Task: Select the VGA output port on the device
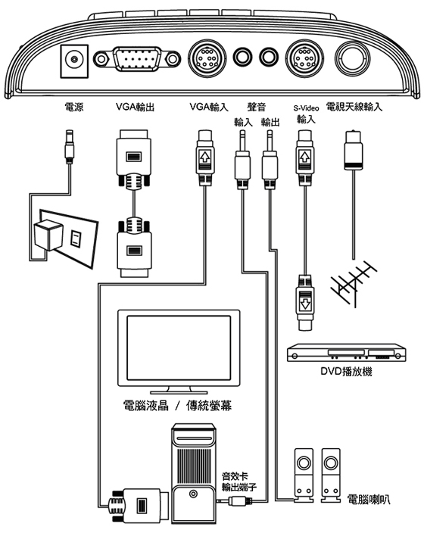(137, 59)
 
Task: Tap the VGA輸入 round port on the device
(207, 58)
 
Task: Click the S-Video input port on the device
(304, 58)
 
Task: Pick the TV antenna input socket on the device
(352, 58)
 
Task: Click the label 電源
(74, 107)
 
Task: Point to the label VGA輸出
(136, 107)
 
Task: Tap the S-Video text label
(306, 108)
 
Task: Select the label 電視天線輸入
(354, 107)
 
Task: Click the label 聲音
(257, 107)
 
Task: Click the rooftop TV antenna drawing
(354, 284)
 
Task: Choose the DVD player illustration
(347, 353)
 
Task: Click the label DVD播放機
(347, 371)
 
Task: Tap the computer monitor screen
(179, 348)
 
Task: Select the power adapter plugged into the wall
(48, 235)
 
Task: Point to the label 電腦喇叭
(369, 500)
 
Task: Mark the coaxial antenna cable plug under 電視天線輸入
(354, 150)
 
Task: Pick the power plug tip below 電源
(70, 146)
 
